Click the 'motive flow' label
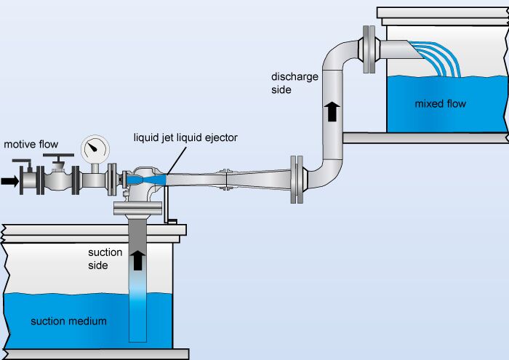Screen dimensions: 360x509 31,144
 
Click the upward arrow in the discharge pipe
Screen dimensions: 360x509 332,111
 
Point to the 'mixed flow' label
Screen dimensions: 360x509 440,103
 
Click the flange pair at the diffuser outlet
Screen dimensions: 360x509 295,178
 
